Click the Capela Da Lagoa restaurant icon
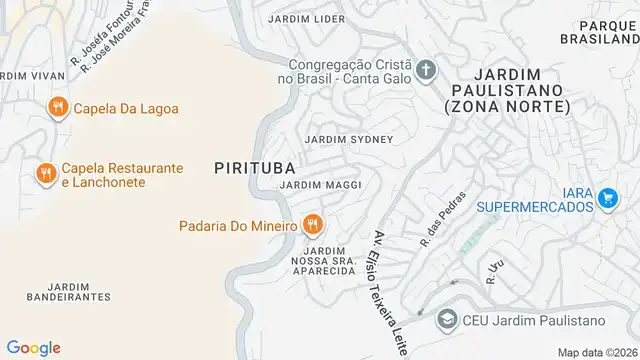(x=57, y=108)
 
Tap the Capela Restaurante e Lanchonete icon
(x=45, y=174)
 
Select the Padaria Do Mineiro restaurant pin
(x=314, y=225)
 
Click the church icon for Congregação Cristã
(x=426, y=70)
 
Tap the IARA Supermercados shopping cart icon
(x=606, y=198)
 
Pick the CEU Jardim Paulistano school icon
(x=447, y=319)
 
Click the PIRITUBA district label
(x=254, y=169)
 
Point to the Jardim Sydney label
(x=349, y=139)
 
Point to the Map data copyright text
(x=597, y=352)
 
